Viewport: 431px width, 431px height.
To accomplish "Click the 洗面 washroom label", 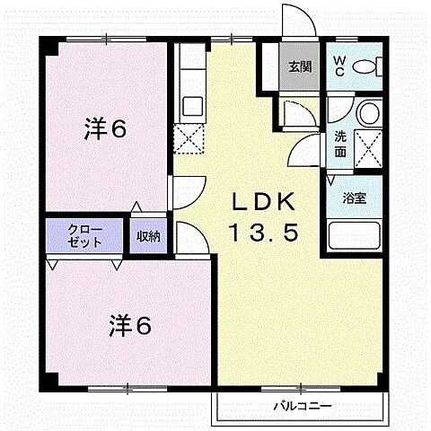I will pos(341,144).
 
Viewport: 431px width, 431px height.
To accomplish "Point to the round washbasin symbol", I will pos(367,113).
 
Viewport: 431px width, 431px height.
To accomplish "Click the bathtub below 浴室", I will pos(356,238).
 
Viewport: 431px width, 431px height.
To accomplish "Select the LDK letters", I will pos(261,200).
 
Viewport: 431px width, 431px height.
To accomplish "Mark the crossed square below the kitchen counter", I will pos(189,138).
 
